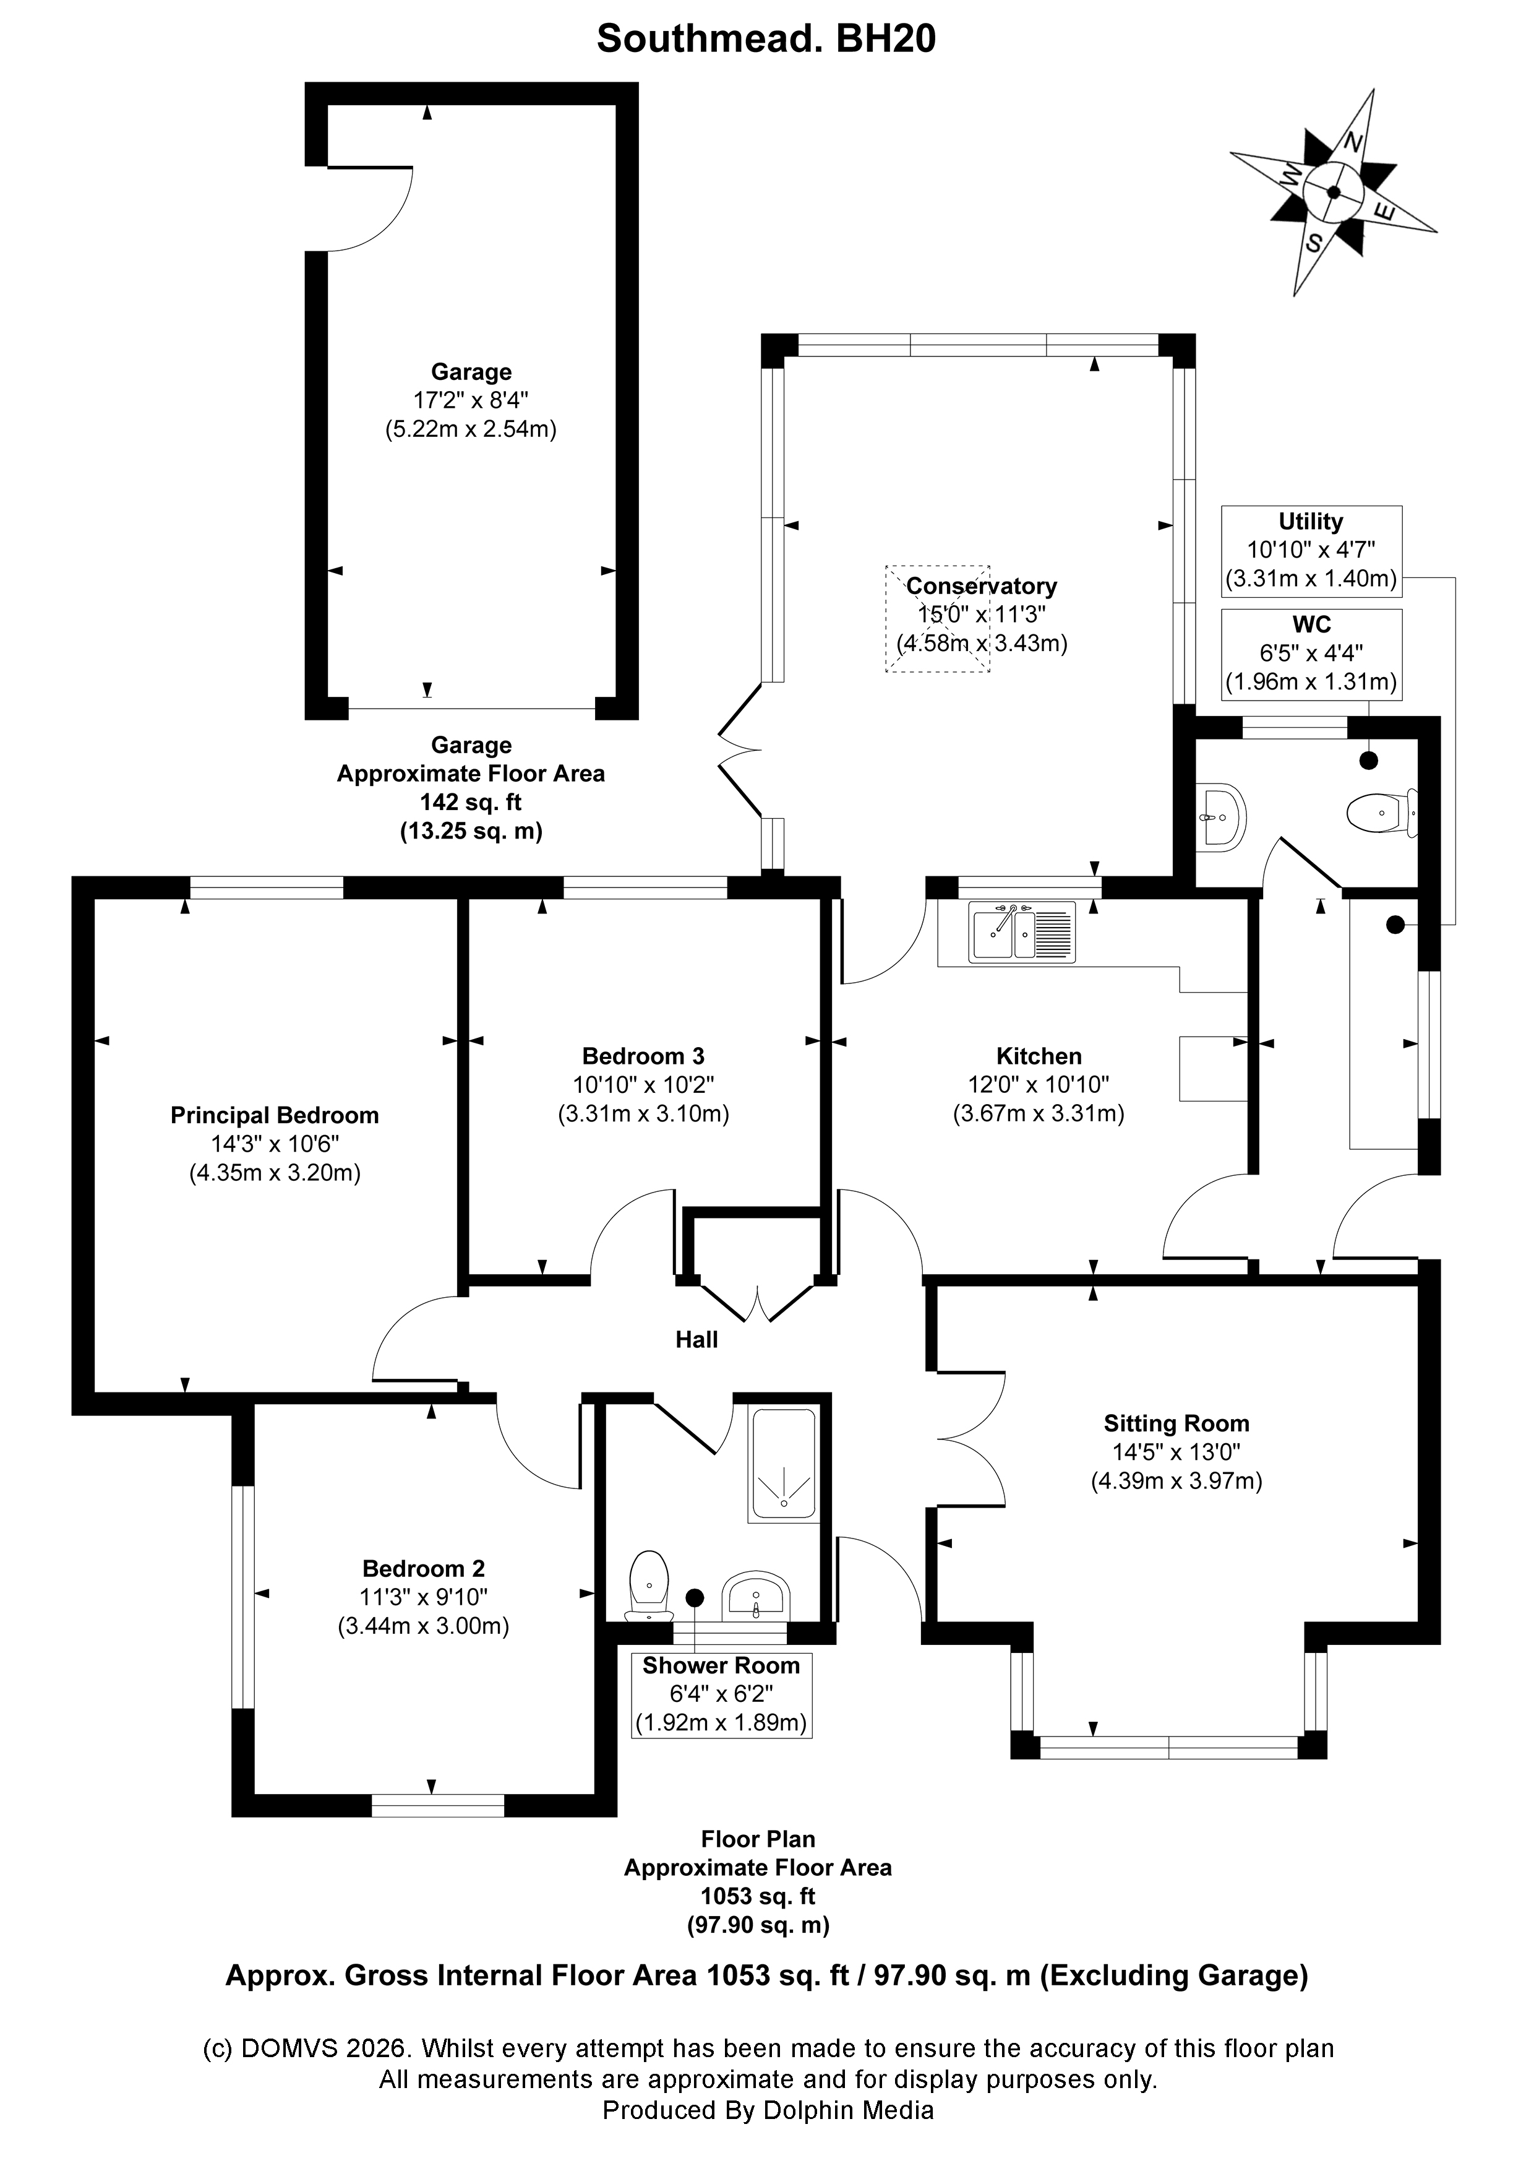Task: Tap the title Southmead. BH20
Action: (x=766, y=40)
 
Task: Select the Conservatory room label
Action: (x=981, y=585)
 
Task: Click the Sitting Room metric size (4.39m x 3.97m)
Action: (x=1176, y=1481)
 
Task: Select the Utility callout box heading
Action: (x=1310, y=521)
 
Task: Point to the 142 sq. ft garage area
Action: (x=471, y=802)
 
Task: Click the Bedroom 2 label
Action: (x=424, y=1569)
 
